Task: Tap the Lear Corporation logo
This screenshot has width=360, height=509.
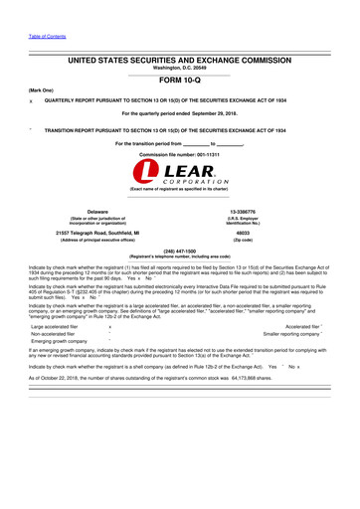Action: (x=179, y=180)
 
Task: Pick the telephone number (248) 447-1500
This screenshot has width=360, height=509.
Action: (x=179, y=252)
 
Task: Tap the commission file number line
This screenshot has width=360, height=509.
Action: (x=179, y=156)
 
